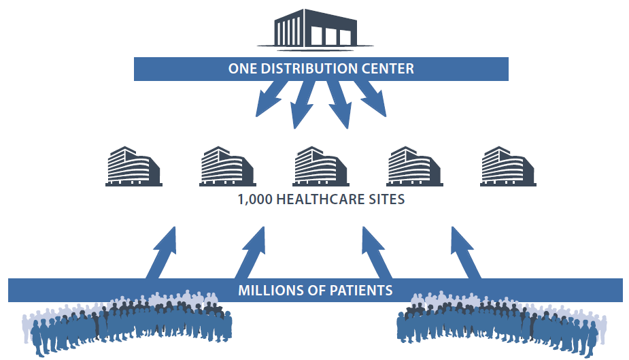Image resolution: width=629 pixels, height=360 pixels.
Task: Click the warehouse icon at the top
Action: [x=316, y=29]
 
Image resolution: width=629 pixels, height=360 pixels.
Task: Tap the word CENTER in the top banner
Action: [x=388, y=69]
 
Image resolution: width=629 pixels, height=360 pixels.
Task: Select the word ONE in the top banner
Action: [x=243, y=69]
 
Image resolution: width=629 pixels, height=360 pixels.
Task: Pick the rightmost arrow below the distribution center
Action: [x=370, y=98]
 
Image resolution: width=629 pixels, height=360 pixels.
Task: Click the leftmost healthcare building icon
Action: [x=134, y=166]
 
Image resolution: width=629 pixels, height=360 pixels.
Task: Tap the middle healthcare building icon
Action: [x=321, y=166]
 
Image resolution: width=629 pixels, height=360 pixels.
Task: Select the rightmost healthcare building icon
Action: [x=508, y=166]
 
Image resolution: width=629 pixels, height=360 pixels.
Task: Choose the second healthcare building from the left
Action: [x=227, y=166]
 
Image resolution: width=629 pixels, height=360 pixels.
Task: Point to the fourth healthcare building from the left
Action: [x=414, y=166]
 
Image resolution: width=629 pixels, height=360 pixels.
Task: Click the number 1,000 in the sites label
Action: [x=255, y=199]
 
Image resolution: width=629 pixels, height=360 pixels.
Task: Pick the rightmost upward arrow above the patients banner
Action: [x=465, y=253]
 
